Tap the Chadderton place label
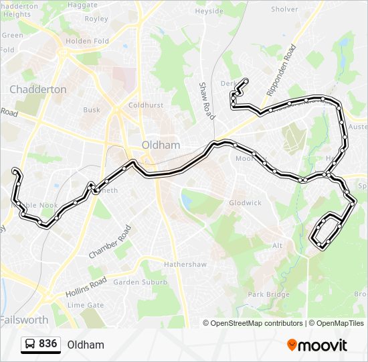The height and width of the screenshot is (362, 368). coord(37,89)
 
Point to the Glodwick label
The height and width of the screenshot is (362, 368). coord(245,202)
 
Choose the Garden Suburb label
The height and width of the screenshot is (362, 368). coord(140,282)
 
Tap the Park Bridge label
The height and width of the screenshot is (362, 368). coord(268,294)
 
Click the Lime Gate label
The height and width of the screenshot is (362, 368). coord(86,305)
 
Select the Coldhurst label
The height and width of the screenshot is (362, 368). coord(146,105)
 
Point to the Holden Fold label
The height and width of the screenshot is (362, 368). coord(87,41)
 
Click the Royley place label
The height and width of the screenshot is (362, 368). coord(96,19)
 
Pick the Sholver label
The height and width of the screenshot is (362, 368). coord(285,9)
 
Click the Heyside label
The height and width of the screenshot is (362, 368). coord(209,11)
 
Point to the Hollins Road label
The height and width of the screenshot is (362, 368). coord(86,288)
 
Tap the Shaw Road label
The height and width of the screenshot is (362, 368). coord(206,101)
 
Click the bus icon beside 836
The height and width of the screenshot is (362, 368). coord(30,344)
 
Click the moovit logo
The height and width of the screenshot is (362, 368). coord(317,345)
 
